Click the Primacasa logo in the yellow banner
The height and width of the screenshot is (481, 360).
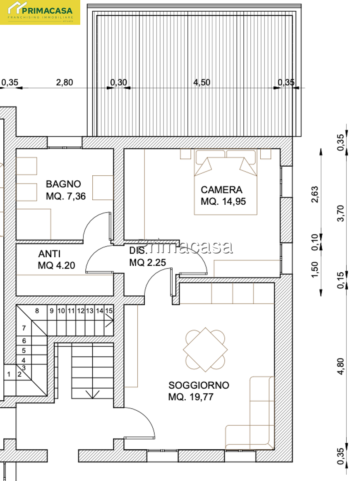(40, 12)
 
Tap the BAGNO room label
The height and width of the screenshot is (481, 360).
(63, 184)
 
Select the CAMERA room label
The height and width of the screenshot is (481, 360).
(221, 190)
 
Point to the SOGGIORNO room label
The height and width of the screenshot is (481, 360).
(199, 385)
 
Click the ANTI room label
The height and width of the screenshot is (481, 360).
(49, 254)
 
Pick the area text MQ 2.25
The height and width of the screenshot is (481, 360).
(148, 263)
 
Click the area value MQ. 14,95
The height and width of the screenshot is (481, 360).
(223, 201)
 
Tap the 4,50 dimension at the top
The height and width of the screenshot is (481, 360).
(202, 82)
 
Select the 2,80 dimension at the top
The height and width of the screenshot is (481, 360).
(65, 82)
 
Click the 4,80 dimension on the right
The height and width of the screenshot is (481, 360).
(341, 366)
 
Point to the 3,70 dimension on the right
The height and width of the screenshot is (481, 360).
(341, 213)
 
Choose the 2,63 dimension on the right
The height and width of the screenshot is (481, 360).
(315, 194)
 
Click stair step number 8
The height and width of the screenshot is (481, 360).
(37, 311)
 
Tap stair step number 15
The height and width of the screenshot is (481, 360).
(109, 311)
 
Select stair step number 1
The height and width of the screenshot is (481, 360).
(9, 374)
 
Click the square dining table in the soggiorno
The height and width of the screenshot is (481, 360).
(205, 350)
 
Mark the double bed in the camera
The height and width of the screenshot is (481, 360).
(226, 182)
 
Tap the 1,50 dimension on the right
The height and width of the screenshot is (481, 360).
(315, 270)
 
